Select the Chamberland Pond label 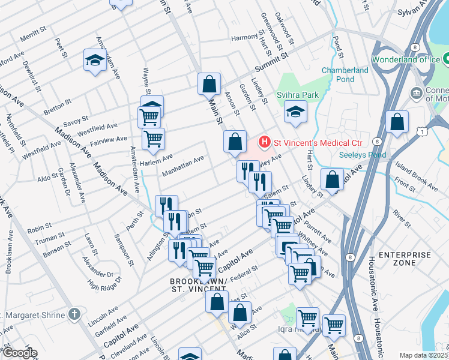(345, 74)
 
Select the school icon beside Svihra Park (295, 112)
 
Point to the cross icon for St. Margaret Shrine (73, 314)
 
